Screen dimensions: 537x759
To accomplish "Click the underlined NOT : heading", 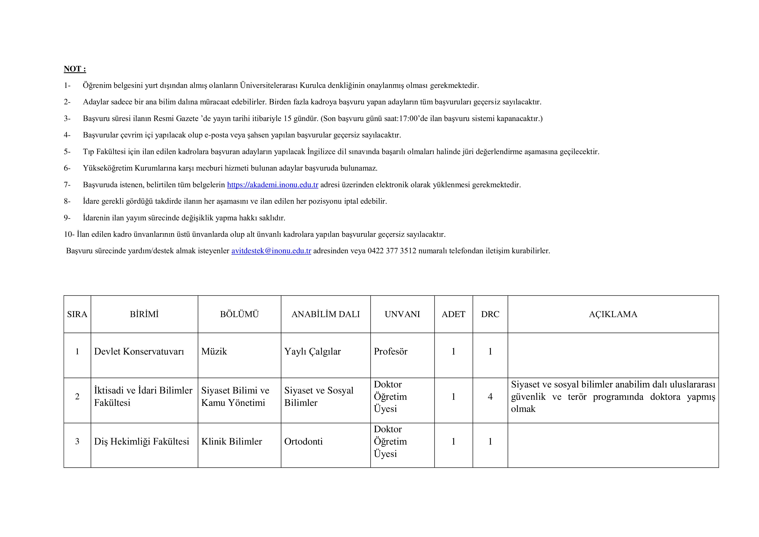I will (x=75, y=69).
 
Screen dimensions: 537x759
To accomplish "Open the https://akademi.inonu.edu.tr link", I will (x=272, y=185).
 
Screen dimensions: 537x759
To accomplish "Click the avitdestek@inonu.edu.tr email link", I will (x=271, y=251).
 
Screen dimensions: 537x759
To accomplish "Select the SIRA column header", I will (x=77, y=314).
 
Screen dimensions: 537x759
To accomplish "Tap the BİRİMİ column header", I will (x=144, y=314).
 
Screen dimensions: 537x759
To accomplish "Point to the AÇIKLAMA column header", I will (x=613, y=314).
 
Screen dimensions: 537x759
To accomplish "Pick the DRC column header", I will (x=490, y=314).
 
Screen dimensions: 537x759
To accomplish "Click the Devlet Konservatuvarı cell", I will (x=139, y=352).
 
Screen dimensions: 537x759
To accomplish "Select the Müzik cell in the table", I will (x=214, y=352).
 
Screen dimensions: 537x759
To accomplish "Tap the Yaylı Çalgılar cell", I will (x=312, y=352).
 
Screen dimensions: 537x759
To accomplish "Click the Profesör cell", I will (x=390, y=352).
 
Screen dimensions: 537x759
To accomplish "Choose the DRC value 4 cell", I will (x=490, y=397).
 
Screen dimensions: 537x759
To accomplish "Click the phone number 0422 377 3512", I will (x=392, y=251).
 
